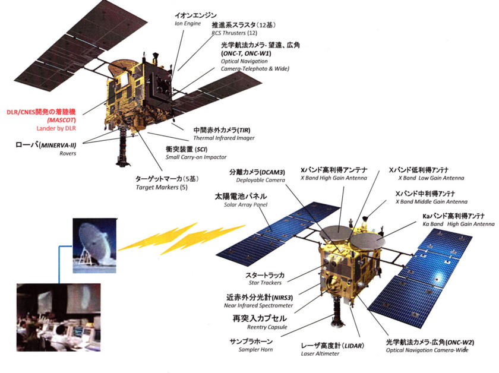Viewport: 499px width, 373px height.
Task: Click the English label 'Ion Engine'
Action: [x=188, y=24]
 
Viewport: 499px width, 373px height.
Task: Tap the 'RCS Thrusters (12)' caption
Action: [x=234, y=33]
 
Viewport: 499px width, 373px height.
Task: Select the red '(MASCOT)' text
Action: [x=61, y=121]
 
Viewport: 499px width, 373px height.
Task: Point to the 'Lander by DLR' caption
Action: [x=56, y=128]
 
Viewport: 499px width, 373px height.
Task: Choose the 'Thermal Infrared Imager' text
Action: [x=224, y=138]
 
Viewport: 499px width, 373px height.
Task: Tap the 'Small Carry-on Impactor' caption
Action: [x=196, y=157]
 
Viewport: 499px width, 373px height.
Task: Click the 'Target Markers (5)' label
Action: [x=162, y=188]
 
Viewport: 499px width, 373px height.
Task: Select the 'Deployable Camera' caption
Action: [x=261, y=180]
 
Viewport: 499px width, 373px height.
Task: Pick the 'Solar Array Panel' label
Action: [x=246, y=205]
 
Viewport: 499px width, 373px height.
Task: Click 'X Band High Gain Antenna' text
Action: [x=334, y=178]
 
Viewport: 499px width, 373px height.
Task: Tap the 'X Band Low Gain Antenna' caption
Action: [x=431, y=178]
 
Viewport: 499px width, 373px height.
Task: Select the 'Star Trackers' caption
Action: [x=265, y=283]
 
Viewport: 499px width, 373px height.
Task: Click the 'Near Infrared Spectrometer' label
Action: [x=258, y=305]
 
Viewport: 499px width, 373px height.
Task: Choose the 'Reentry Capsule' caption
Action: [x=267, y=327]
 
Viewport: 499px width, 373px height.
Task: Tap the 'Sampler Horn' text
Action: [x=255, y=349]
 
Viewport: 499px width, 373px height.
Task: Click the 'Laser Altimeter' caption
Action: [x=320, y=353]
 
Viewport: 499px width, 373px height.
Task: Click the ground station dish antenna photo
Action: [x=94, y=245]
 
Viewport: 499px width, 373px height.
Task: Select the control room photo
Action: [x=59, y=317]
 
